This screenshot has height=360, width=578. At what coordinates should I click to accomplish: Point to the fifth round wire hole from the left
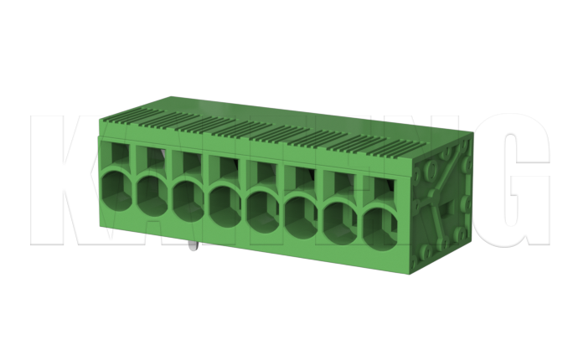pyautogui.click(x=264, y=207)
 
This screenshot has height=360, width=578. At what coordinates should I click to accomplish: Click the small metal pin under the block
pyautogui.click(x=194, y=246)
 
